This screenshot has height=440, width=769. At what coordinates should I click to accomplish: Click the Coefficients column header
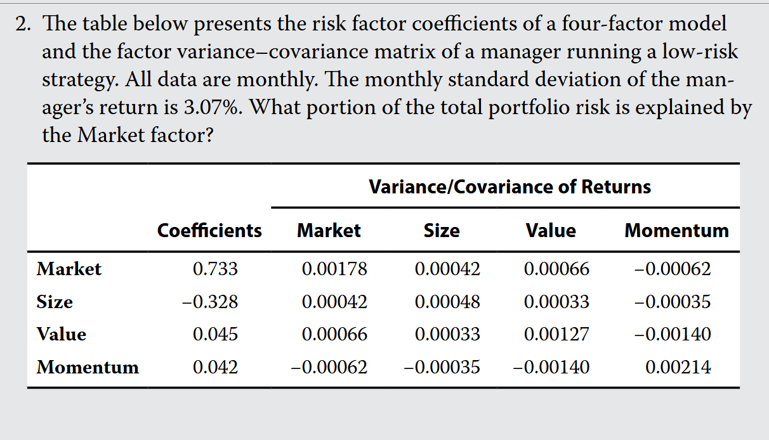(209, 230)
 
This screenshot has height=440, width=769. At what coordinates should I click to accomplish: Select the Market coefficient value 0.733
(215, 269)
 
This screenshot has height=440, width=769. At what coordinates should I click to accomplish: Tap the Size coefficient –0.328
(210, 302)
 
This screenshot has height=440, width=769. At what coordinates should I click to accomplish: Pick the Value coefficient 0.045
(215, 334)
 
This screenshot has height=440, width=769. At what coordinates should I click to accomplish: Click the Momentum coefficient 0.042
(215, 367)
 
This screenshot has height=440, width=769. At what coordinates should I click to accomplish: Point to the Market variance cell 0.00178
(335, 269)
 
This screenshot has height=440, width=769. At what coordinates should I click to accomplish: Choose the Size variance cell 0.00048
(447, 302)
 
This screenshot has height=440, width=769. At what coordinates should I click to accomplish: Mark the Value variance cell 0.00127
(556, 334)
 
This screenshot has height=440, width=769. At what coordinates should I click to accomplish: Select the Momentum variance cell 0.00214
(678, 367)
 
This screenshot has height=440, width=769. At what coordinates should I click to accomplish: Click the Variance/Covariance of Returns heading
(509, 187)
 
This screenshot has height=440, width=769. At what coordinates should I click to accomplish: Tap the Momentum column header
(676, 230)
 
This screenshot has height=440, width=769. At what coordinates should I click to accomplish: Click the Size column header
(442, 230)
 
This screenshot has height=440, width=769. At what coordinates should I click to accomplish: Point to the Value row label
(62, 334)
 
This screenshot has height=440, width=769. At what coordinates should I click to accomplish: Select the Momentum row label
(88, 367)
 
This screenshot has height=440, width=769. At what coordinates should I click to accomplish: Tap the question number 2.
(23, 23)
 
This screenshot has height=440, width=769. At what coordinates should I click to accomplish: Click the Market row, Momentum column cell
(673, 269)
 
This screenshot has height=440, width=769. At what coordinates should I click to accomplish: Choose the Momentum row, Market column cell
(329, 367)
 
